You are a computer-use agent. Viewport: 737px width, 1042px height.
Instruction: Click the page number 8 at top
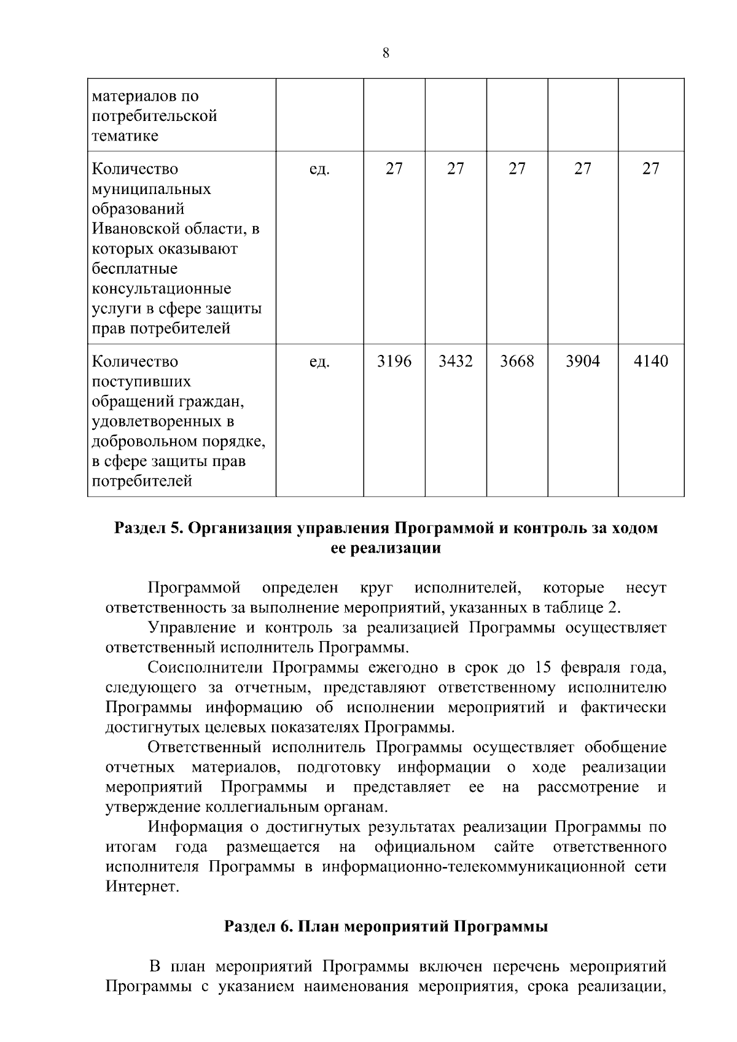(x=386, y=53)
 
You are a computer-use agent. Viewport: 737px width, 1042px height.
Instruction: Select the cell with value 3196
(x=394, y=362)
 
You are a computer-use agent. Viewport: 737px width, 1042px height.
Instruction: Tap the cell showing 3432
(x=455, y=362)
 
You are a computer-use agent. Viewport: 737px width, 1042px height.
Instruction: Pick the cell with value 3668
(x=517, y=362)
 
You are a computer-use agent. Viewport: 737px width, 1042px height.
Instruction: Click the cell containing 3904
(x=582, y=362)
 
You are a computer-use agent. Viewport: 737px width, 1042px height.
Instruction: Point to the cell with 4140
(x=650, y=362)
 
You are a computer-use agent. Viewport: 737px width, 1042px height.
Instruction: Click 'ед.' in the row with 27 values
(x=319, y=169)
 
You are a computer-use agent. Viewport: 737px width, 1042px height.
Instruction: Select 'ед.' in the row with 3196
(x=319, y=362)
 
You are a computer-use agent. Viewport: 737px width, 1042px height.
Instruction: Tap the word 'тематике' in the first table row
(x=125, y=136)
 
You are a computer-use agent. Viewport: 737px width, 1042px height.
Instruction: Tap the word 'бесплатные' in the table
(x=135, y=269)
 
